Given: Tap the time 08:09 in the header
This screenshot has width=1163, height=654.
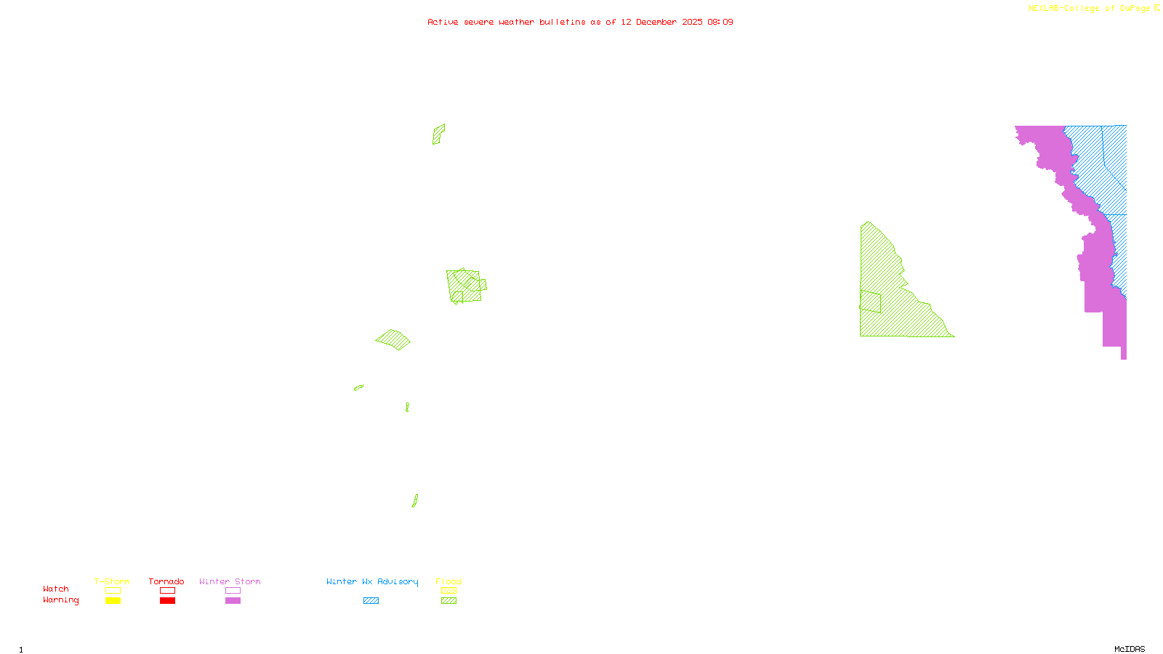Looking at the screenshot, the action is (x=720, y=22).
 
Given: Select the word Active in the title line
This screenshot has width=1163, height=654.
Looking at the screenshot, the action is (x=443, y=22).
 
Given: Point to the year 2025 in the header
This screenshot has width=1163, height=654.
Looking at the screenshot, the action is (x=692, y=22).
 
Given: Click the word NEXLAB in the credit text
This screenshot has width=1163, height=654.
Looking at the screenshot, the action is (x=1043, y=8).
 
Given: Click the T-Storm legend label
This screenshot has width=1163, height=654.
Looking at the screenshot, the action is (x=112, y=581).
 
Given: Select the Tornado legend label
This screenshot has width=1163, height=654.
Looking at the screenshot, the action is (x=166, y=581).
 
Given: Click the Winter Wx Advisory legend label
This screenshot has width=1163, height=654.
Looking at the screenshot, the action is (x=372, y=581).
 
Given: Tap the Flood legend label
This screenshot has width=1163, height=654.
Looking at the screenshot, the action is (x=448, y=581).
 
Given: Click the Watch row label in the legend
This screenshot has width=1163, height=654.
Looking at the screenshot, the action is (x=56, y=589).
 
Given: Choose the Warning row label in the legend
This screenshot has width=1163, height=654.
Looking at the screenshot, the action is (x=60, y=600).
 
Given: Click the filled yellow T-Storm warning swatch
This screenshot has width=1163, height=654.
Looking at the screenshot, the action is (x=113, y=601).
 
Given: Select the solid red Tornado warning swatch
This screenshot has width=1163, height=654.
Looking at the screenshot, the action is (x=167, y=601).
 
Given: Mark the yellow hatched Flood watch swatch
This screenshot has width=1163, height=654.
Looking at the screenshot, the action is (x=449, y=591).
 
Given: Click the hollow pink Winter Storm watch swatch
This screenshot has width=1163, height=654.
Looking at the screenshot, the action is (x=233, y=591).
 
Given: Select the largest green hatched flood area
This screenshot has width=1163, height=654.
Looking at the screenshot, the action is (x=894, y=298).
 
